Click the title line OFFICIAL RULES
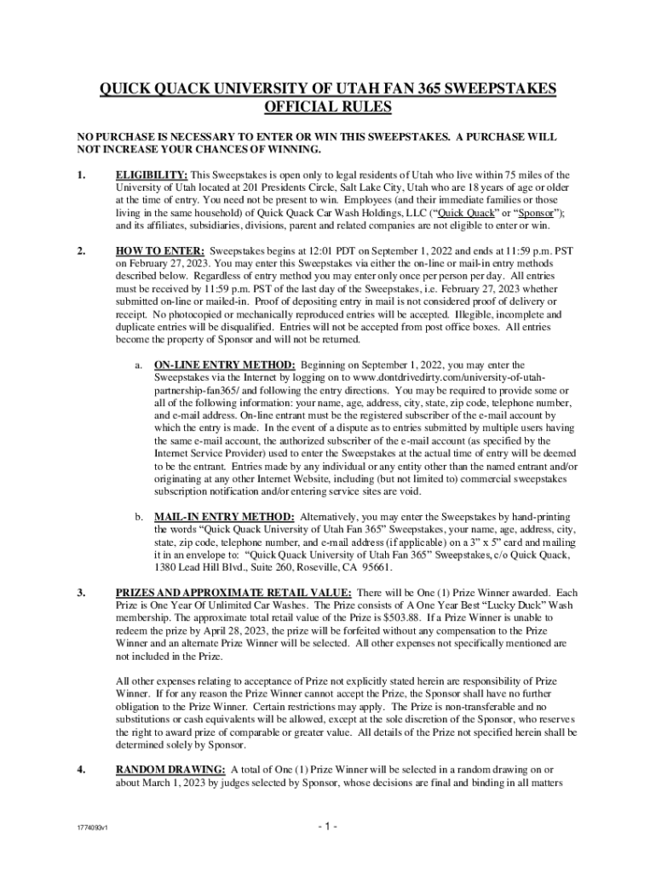[328, 107]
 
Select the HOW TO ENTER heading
[159, 252]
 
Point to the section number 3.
[81, 593]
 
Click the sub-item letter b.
[139, 517]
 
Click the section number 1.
[81, 175]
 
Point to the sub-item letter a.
[139, 364]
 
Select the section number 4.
[81, 770]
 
